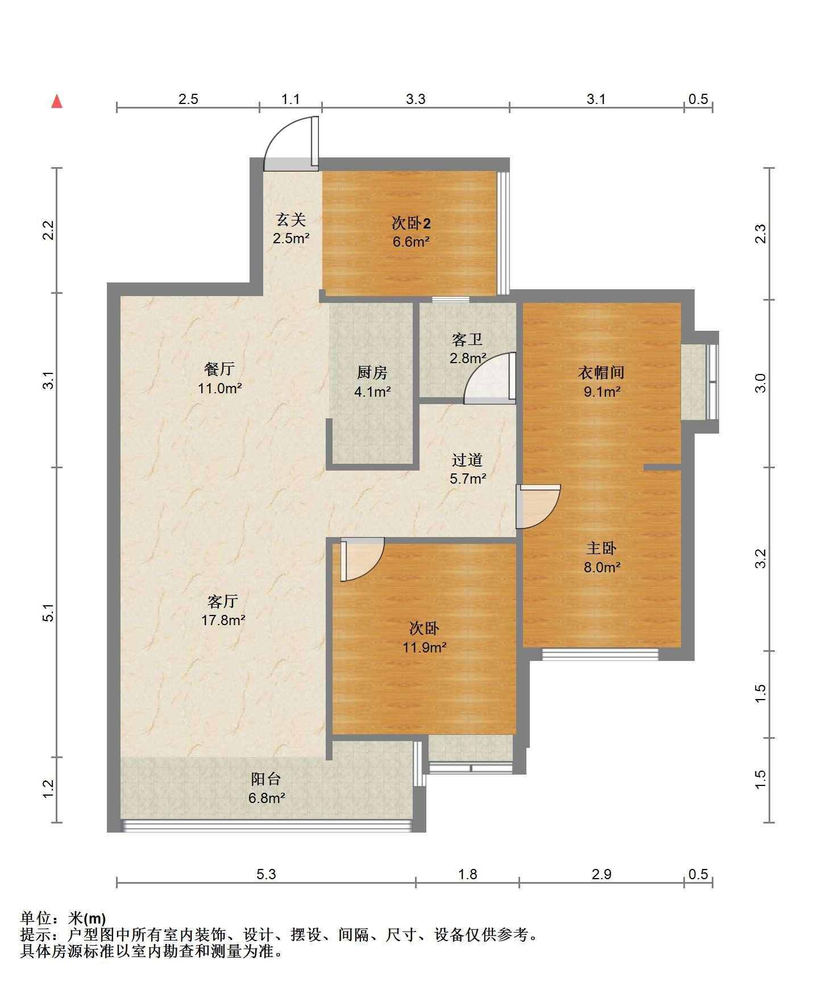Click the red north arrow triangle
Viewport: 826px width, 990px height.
[x=57, y=102]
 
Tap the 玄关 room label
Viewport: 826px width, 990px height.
[x=291, y=219]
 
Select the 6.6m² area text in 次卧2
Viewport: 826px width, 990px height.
[x=411, y=242]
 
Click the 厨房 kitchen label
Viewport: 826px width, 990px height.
[x=372, y=372]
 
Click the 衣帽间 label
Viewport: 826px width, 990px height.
[x=601, y=372]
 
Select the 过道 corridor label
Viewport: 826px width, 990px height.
[x=467, y=460]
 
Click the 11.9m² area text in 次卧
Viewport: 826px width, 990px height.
[x=425, y=647]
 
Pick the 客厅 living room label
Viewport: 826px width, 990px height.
[x=223, y=601]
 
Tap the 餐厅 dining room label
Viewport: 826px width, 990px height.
[x=219, y=369]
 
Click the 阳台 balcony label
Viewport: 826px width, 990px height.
[x=266, y=779]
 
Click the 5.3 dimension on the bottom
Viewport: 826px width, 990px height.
[x=266, y=874]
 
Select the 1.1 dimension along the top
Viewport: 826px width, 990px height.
[x=290, y=99]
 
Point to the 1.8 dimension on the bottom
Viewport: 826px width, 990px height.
[x=468, y=874]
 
